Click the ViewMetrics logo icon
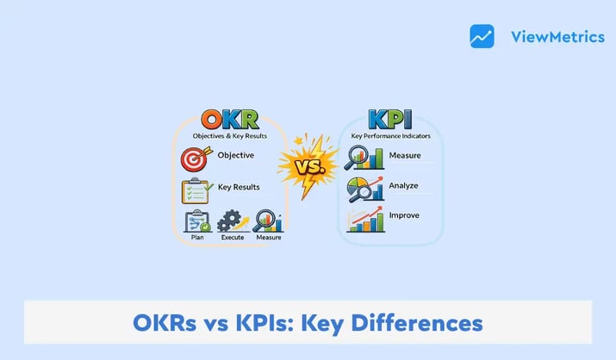coord(482,36)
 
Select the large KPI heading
coord(391,121)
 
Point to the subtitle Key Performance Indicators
coord(391,136)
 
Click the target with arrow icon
coord(196,158)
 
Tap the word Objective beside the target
coord(235,156)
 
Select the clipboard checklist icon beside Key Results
coord(196,189)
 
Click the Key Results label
coord(239,186)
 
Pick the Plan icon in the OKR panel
coord(197,221)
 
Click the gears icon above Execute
coord(232,221)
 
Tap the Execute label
coord(233,238)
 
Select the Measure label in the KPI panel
coord(404,156)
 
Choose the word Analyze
coord(404,184)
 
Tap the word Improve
coord(404,214)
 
